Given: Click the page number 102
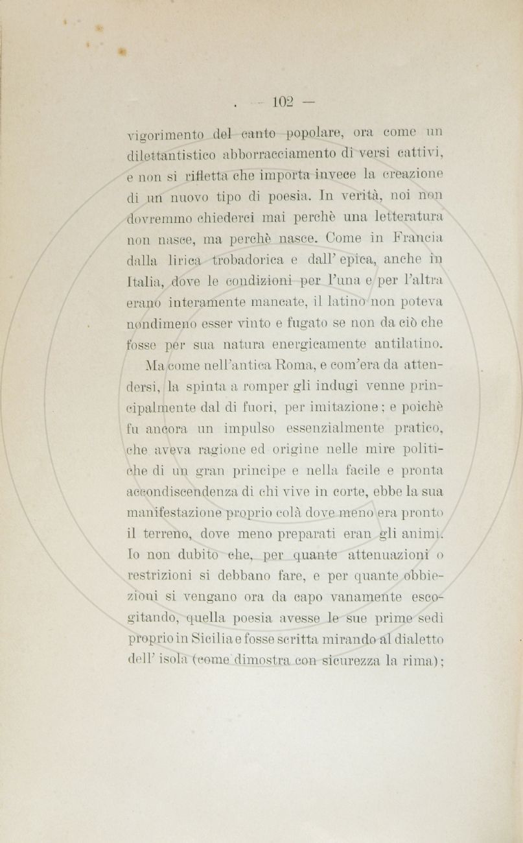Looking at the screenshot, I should click(283, 102).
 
